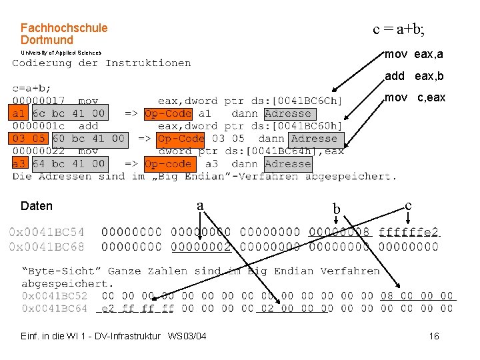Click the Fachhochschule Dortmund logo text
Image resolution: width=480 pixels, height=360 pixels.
pyautogui.click(x=63, y=34)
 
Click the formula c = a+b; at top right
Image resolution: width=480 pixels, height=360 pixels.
pyautogui.click(x=398, y=29)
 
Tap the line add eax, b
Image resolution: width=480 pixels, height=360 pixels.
pyautogui.click(x=413, y=76)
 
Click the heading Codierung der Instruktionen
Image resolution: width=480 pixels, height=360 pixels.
pyautogui.click(x=101, y=63)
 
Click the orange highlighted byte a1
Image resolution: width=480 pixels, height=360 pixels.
pyautogui.click(x=18, y=113)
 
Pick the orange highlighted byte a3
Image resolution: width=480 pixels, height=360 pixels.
pyautogui.click(x=18, y=163)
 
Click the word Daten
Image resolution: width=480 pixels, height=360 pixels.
pyautogui.click(x=37, y=206)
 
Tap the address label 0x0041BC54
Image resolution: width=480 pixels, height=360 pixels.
pyautogui.click(x=47, y=232)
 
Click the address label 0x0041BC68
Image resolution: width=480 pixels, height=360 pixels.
pyautogui.click(x=47, y=246)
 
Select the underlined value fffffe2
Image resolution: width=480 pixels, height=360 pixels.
pyautogui.click(x=409, y=232)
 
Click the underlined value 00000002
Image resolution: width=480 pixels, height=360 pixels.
pyautogui.click(x=201, y=246)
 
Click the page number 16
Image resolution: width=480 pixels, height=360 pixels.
pyautogui.click(x=434, y=336)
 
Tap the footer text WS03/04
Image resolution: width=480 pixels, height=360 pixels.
pyautogui.click(x=187, y=335)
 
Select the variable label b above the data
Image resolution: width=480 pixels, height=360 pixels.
pyautogui.click(x=337, y=211)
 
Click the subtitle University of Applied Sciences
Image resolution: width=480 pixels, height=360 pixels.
pyautogui.click(x=61, y=53)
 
